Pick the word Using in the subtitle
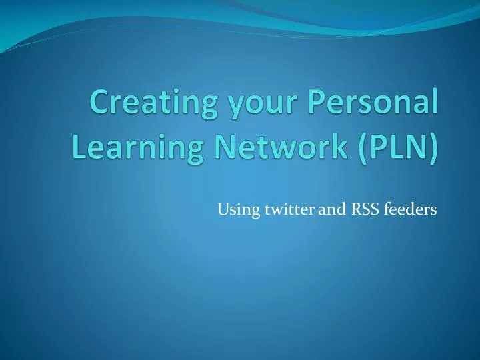tap(233, 211)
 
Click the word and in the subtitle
tap(331, 210)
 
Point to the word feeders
tap(411, 210)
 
